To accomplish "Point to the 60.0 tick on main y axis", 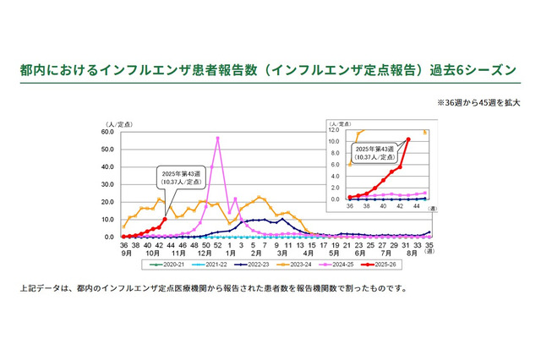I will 109,132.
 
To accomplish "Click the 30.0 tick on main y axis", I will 109,184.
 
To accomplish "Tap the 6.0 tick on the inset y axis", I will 336,165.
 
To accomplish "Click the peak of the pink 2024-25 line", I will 218,138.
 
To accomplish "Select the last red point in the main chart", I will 165,219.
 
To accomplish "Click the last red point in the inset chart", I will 409,139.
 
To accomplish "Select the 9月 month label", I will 124,253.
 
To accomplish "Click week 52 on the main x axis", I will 218,244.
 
